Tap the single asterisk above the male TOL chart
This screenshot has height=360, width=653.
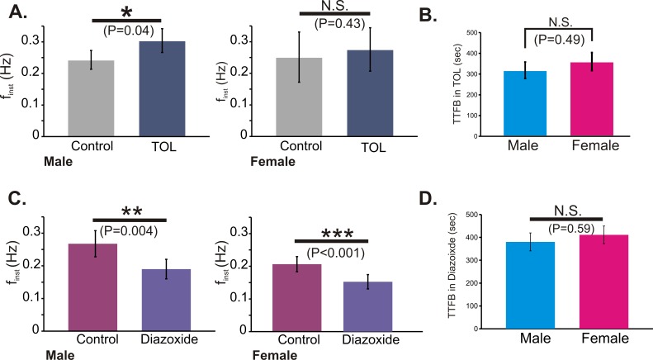126,11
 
